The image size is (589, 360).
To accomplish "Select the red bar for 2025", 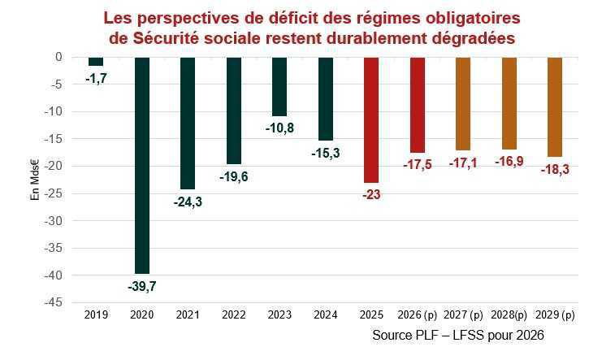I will pos(371,119).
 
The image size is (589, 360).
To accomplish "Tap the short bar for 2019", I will pos(96,61).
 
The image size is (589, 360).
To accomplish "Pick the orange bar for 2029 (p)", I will pos(555,106).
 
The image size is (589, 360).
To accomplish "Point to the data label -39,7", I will pos(141,285).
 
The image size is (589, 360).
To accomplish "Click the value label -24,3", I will pos(187,202).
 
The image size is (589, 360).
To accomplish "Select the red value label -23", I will pos(371,194).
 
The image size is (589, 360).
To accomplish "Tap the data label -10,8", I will pos(279,128).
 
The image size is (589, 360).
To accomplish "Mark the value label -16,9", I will pos(509,161).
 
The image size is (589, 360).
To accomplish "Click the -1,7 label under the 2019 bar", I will pos(96,77).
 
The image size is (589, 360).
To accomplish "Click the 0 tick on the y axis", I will pos(59,57).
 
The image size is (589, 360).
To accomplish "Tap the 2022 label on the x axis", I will pos(233,314).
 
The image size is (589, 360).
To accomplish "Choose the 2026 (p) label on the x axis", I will pos(417,314).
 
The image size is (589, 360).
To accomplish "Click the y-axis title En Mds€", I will pos(35,180).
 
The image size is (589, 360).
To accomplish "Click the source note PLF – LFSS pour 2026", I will pos(457,335).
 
